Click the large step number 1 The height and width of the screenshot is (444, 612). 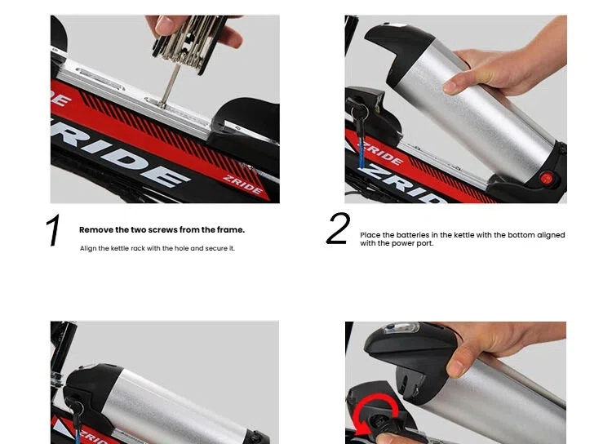point(54,230)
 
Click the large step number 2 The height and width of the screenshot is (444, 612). point(338,229)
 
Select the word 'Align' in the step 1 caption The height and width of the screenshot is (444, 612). point(87,248)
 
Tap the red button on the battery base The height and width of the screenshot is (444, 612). point(547,180)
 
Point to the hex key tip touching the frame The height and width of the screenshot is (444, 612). point(162,104)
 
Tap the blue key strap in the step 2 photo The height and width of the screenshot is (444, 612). point(362,153)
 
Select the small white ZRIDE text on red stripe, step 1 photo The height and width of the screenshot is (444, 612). point(243,184)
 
